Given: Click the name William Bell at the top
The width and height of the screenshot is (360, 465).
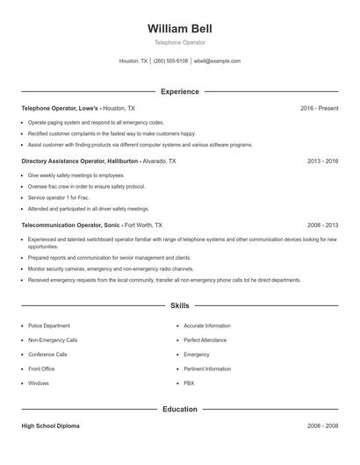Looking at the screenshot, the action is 180,28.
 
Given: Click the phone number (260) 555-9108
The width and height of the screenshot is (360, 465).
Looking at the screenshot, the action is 170,61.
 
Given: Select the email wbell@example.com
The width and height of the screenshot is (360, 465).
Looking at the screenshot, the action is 217,61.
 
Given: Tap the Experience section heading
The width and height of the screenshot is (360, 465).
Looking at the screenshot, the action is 180,91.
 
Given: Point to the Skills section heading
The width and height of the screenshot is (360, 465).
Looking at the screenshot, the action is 180,305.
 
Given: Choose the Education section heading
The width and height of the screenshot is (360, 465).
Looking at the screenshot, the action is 180,409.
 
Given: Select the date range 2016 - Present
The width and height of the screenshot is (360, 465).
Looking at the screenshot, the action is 319,108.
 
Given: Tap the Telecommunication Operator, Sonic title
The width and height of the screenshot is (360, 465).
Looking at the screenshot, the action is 71,225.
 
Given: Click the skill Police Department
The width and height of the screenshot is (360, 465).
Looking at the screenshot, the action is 49,325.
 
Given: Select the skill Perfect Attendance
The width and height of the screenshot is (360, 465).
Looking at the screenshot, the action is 206,340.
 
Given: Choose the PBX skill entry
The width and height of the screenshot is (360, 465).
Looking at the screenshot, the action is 189,383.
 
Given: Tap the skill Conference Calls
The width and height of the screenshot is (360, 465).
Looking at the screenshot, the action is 47,354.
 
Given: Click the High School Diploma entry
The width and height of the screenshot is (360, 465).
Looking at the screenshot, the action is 50,426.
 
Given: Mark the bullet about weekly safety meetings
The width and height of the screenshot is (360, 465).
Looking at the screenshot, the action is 76,175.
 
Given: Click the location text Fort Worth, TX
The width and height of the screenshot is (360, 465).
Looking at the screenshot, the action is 143,225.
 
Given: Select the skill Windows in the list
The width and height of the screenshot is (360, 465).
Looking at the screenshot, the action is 39,383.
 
